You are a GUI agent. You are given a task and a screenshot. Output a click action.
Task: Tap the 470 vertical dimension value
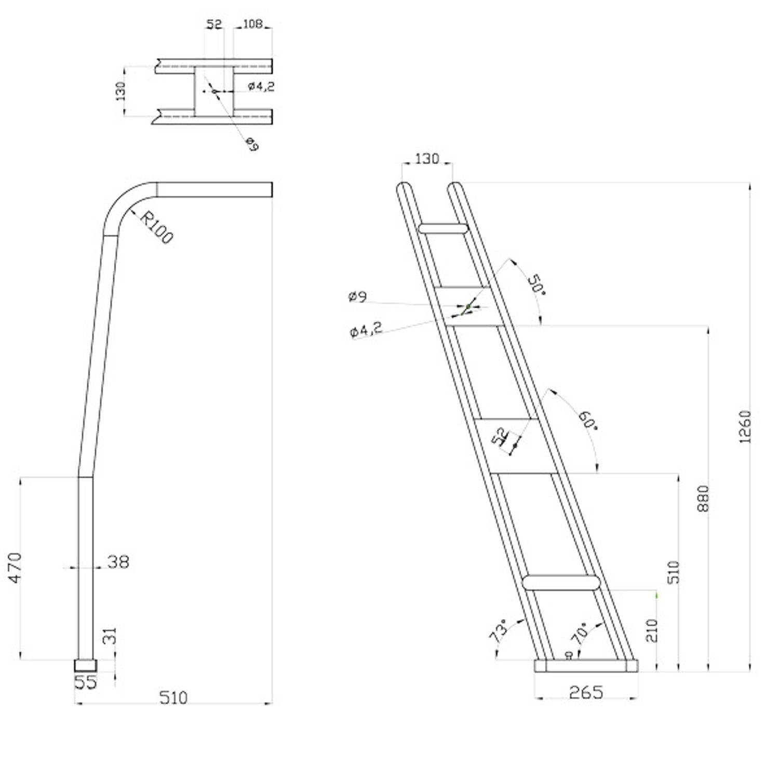pyautogui.click(x=15, y=568)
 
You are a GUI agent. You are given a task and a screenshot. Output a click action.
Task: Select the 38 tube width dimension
pyautogui.click(x=118, y=561)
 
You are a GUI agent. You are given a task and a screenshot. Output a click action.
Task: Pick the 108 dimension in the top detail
pyautogui.click(x=252, y=24)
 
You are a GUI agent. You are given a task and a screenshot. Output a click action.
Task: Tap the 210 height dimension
pyautogui.click(x=652, y=630)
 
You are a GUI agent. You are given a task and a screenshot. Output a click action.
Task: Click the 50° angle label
pyautogui.click(x=536, y=286)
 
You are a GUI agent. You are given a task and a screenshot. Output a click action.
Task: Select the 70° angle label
pyautogui.click(x=580, y=632)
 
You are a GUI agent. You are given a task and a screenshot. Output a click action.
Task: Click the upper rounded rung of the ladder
pyautogui.click(x=443, y=229)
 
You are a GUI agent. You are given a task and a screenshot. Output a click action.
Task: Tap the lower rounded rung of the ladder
pyautogui.click(x=560, y=582)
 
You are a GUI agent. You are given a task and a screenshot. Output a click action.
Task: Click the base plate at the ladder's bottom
pyautogui.click(x=586, y=666)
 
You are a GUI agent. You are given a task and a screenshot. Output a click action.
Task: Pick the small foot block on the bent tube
pyautogui.click(x=86, y=665)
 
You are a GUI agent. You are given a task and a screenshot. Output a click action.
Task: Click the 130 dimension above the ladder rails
pyautogui.click(x=427, y=158)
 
